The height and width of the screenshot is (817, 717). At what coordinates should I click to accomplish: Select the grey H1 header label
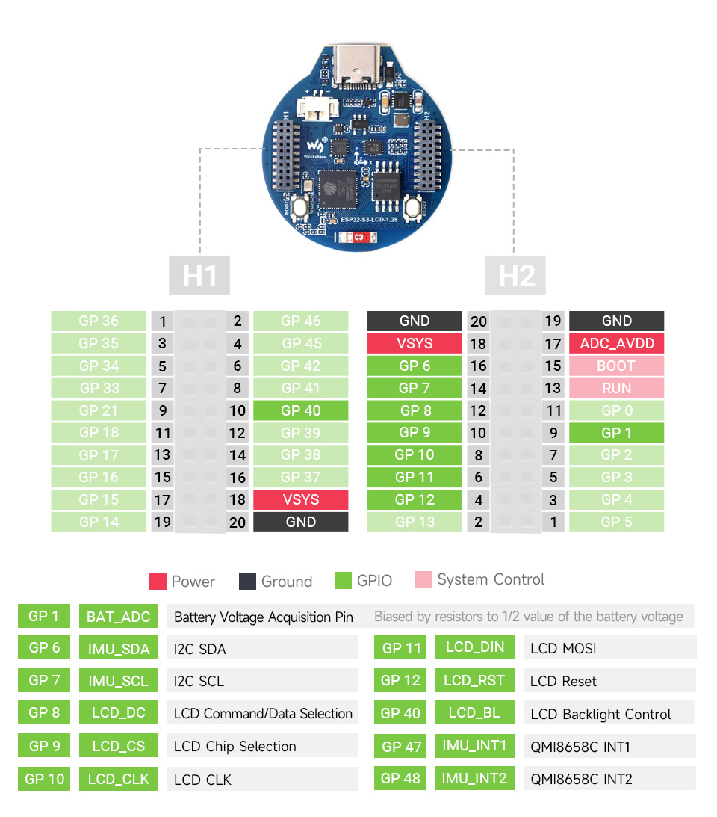pos(199,275)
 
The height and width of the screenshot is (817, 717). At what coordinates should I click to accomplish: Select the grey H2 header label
pos(515,275)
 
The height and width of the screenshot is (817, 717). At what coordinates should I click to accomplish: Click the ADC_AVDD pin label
pos(616,343)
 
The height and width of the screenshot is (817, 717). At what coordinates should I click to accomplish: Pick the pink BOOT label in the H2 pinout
pos(616,366)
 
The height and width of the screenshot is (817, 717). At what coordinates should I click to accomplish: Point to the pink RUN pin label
pos(616,388)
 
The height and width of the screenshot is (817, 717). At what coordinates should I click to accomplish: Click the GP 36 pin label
pos(99,321)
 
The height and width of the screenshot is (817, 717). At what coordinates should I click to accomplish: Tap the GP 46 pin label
pos(300,321)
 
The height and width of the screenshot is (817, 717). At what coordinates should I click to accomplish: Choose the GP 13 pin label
pos(414,522)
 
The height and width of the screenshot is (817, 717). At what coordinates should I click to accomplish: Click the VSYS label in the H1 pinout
pos(300,499)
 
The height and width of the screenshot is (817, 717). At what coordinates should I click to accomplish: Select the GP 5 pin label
pos(616,522)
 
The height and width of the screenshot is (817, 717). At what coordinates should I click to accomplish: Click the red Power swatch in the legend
pos(158,581)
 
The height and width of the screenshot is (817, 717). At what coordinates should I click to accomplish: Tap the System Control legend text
pos(491,579)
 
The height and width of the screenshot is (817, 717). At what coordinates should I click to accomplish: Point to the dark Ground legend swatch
pos(247,581)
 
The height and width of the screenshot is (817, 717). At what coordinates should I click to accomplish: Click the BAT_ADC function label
pos(118,617)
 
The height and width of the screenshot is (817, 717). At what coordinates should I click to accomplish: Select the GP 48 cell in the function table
pos(400,778)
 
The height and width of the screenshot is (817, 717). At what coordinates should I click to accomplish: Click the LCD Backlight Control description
pos(600,714)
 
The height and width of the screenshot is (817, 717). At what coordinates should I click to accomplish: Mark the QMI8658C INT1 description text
pos(581,747)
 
